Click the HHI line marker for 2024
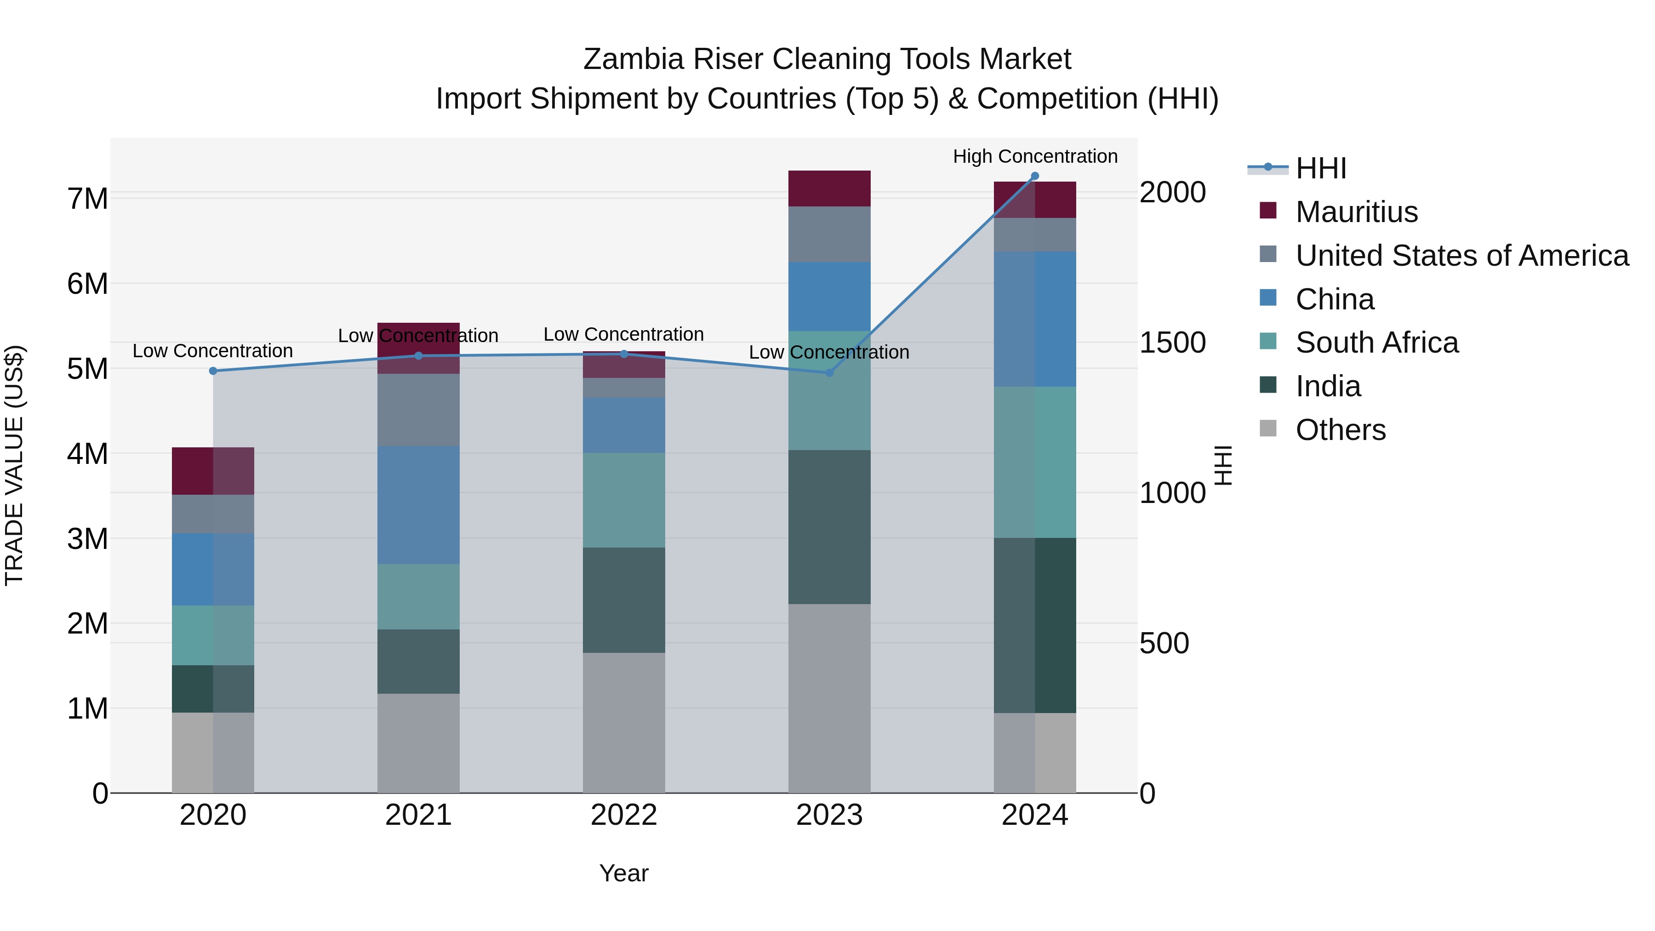[x=1034, y=176]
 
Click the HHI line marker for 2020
[x=213, y=371]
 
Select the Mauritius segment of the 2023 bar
[x=829, y=188]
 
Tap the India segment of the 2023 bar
[x=829, y=527]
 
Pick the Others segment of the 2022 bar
[x=623, y=723]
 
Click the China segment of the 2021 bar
[x=418, y=505]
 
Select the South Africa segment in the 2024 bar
[x=1034, y=462]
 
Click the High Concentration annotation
[x=1034, y=156]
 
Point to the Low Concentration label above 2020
[x=213, y=351]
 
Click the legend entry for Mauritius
[x=1356, y=212]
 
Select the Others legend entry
[x=1340, y=430]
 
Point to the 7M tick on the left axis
[x=87, y=199]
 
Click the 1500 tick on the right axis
[x=1172, y=343]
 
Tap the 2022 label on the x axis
[x=623, y=815]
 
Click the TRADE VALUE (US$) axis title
[x=14, y=465]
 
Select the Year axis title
[x=623, y=873]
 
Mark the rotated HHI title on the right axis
[x=1223, y=465]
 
